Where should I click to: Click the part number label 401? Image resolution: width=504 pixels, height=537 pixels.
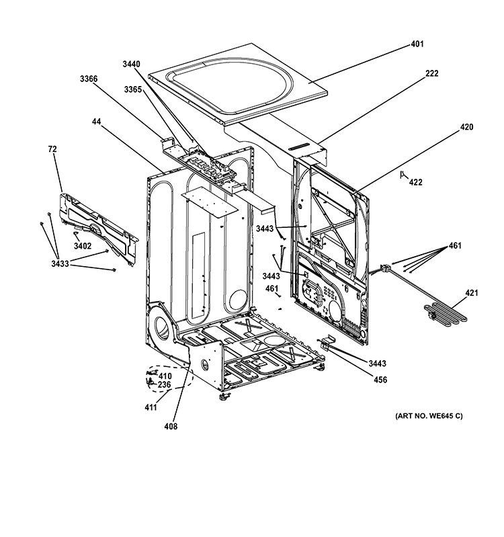click(x=417, y=46)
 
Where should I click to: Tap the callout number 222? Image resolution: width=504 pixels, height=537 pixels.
click(x=431, y=73)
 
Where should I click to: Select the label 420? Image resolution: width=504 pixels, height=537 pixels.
click(x=448, y=126)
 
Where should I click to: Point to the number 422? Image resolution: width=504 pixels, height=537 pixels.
click(x=416, y=182)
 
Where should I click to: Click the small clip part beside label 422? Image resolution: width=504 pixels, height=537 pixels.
click(x=403, y=175)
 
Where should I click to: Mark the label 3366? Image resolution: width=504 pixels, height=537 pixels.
click(x=89, y=79)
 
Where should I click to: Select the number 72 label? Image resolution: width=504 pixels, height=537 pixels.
click(x=52, y=148)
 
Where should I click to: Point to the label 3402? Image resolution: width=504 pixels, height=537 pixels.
click(x=83, y=247)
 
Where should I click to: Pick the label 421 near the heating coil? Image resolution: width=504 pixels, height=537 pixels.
click(x=472, y=293)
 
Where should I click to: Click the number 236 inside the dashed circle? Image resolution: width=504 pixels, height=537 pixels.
click(x=165, y=385)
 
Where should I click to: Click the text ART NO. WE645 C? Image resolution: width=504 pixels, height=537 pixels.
click(x=429, y=416)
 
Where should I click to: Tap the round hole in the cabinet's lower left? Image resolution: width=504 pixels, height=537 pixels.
click(x=162, y=330)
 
